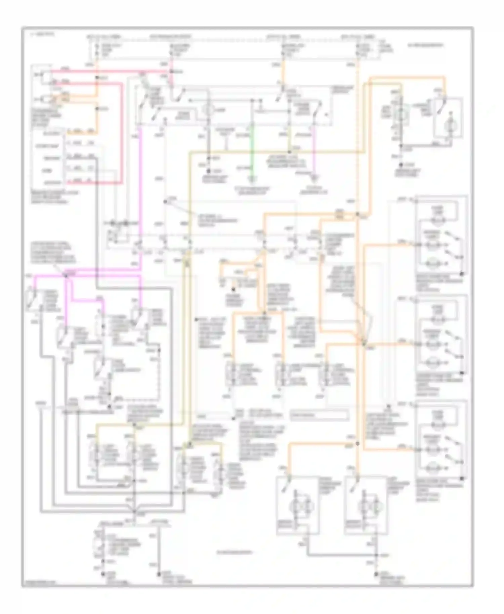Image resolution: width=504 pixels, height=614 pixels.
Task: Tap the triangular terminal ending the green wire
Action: click(x=252, y=177)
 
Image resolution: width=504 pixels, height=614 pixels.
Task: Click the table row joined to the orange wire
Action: click(x=79, y=133)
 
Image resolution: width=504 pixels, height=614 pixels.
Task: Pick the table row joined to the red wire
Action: click(x=79, y=183)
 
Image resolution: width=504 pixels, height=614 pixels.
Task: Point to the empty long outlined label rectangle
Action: click(x=319, y=415)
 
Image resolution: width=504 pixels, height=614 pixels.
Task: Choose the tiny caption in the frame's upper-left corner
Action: click(x=37, y=35)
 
